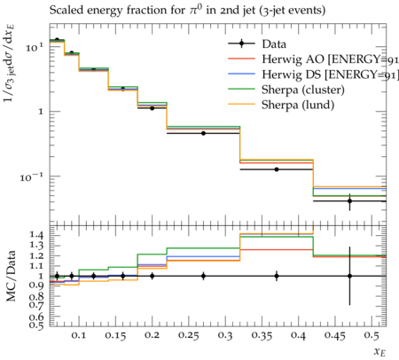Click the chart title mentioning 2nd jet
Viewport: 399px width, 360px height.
[187, 10]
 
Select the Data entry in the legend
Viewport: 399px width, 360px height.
[274, 44]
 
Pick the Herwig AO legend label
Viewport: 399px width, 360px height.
[330, 59]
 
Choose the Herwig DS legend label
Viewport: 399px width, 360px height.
[330, 74]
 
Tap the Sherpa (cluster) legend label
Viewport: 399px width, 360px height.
[303, 90]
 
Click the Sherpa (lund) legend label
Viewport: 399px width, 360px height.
[298, 105]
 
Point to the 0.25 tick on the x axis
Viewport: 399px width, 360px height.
[189, 335]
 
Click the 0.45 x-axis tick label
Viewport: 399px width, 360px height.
[335, 335]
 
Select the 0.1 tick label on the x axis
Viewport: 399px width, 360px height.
[79, 335]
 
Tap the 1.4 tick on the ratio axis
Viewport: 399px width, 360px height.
[36, 235]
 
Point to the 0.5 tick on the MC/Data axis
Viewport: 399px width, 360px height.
[36, 325]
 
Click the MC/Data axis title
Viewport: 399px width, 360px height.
[11, 276]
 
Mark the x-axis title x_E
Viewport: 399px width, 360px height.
[379, 352]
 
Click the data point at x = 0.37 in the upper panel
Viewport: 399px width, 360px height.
[277, 169]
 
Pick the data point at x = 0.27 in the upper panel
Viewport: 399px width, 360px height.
[203, 133]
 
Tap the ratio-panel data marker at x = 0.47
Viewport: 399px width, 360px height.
[349, 276]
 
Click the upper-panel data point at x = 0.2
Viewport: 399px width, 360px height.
[153, 108]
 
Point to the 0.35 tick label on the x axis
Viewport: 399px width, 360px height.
[262, 335]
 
